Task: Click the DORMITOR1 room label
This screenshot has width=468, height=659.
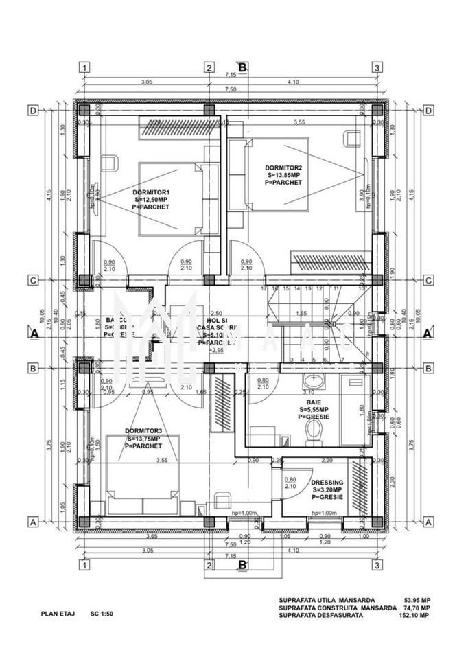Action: click(152, 192)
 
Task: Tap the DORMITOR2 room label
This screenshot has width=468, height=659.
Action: click(284, 167)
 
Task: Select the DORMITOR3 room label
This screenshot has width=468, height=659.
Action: click(143, 431)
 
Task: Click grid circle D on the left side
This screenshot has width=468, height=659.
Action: click(32, 111)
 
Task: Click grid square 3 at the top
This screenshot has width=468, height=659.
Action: click(377, 67)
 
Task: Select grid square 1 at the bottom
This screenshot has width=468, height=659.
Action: click(84, 566)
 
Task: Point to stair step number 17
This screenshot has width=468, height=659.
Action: click(264, 289)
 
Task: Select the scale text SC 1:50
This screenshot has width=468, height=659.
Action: click(102, 614)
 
